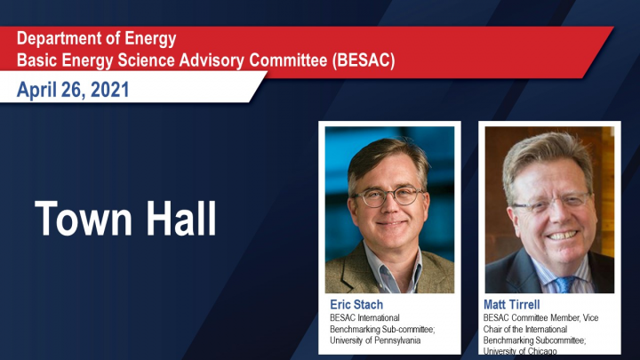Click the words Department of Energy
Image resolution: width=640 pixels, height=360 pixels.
(96, 38)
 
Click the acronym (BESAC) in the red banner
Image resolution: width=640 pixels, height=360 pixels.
(362, 60)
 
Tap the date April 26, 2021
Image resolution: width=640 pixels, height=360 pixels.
(73, 90)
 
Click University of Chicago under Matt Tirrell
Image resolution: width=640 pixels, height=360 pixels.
(520, 351)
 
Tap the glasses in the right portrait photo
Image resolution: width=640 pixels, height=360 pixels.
(550, 204)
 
